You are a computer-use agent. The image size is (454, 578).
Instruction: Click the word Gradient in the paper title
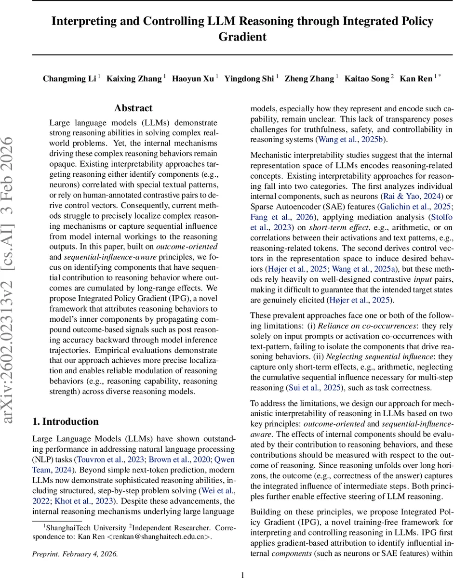point(242,37)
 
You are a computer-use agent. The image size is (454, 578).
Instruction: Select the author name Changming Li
point(69,79)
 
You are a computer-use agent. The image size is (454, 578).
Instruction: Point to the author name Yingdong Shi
point(249,79)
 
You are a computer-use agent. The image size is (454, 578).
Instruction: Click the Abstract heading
point(133,108)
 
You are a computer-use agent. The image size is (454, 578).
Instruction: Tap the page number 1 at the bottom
point(242,561)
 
